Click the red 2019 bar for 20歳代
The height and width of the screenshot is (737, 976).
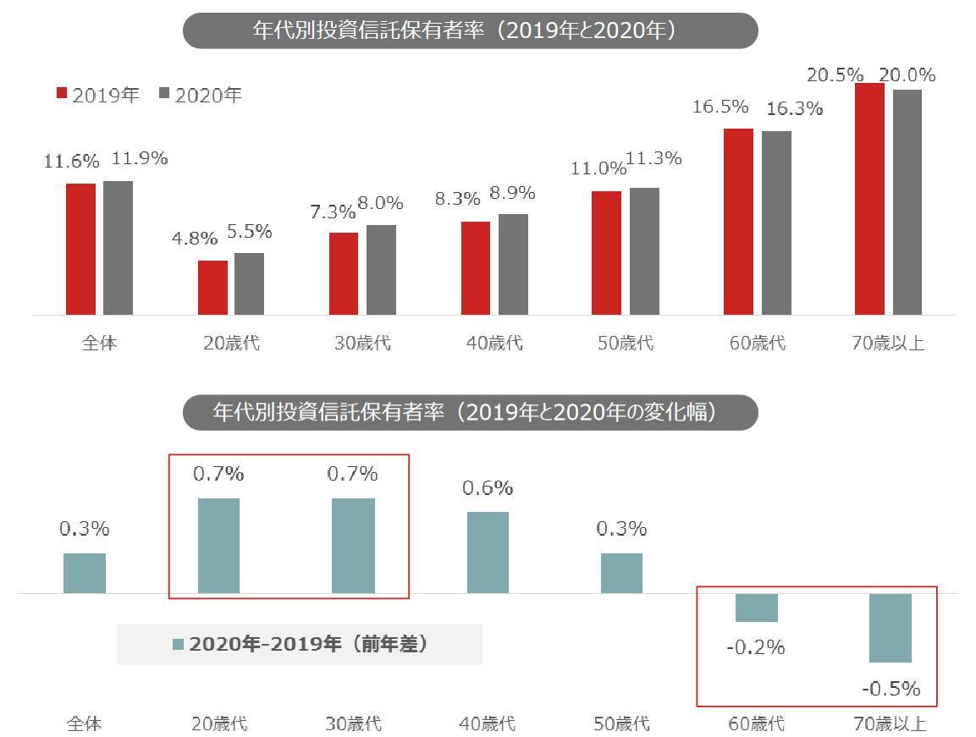click(x=212, y=288)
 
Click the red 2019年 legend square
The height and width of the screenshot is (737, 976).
click(x=62, y=94)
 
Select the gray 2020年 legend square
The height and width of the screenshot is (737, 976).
click(x=165, y=94)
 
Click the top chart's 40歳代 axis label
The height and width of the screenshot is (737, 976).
click(x=494, y=343)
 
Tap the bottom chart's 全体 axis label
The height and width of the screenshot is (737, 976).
click(x=85, y=723)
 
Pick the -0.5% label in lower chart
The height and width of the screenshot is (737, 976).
click(x=891, y=689)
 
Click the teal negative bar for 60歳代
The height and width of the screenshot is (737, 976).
click(x=756, y=608)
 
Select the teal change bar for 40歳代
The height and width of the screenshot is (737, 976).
click(x=488, y=552)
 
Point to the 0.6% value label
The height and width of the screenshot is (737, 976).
click(x=488, y=488)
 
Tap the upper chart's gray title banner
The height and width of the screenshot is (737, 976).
click(x=470, y=30)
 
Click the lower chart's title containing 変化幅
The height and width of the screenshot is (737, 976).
click(x=470, y=413)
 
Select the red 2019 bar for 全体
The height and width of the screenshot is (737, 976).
click(x=81, y=249)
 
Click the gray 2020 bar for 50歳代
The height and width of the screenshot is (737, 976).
click(x=644, y=250)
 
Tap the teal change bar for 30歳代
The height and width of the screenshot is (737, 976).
click(x=353, y=545)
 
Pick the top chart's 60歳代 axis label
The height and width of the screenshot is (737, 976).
click(x=757, y=343)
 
